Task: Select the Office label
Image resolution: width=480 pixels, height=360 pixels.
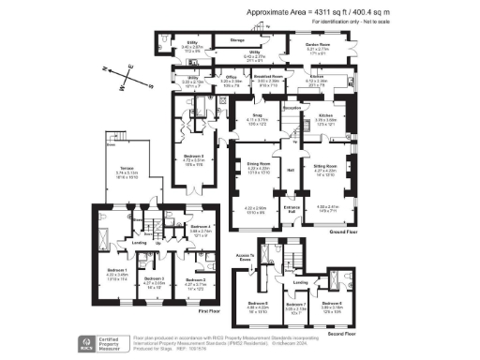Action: tap(231, 78)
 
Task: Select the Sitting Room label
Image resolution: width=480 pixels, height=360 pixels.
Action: tap(325, 167)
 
